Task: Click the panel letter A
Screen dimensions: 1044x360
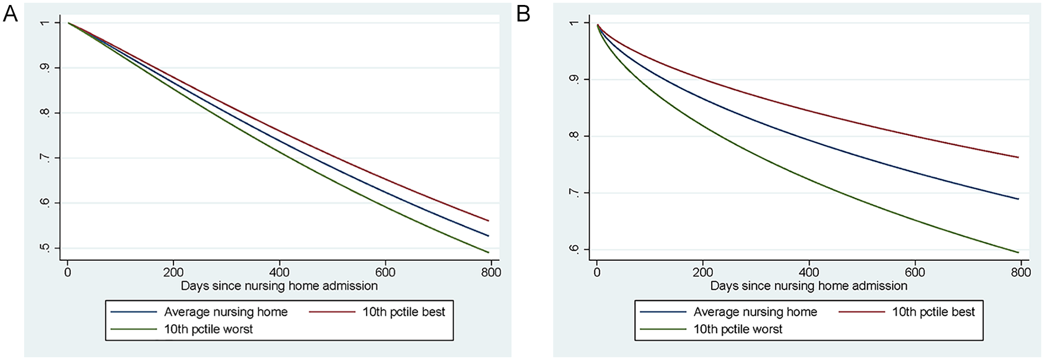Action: point(10,14)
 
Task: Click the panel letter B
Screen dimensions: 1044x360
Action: point(523,14)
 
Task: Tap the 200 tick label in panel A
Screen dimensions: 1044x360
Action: point(173,272)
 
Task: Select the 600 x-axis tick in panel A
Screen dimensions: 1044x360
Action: point(385,272)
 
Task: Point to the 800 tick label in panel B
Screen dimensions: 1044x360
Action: point(1021,272)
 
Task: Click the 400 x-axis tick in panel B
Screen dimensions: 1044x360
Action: point(809,272)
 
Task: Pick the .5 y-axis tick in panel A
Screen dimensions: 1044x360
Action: point(45,248)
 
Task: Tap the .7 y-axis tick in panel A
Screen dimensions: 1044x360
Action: point(45,159)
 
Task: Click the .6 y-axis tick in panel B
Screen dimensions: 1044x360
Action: point(575,249)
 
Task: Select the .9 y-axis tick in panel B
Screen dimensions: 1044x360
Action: point(575,80)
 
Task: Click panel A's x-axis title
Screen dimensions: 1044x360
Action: point(280,286)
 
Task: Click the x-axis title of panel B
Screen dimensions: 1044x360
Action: point(809,286)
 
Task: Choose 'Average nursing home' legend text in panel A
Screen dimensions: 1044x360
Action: point(226,312)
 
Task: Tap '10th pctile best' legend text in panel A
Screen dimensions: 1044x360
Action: point(404,312)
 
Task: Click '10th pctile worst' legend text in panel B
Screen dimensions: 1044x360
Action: point(738,329)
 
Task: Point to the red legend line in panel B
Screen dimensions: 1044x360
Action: point(862,312)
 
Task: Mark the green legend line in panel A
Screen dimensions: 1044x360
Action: point(134,329)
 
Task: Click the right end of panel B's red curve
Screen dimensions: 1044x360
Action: point(1019,157)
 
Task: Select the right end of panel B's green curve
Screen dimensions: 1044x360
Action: point(1019,252)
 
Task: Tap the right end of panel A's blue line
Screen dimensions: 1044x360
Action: point(489,236)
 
